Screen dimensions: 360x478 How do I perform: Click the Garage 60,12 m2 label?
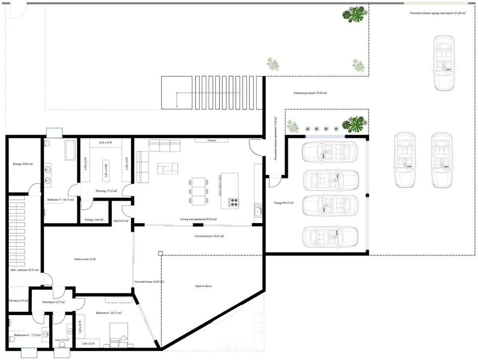(284, 203)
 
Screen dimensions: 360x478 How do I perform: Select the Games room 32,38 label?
(85, 259)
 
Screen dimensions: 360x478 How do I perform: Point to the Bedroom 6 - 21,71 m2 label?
(109, 313)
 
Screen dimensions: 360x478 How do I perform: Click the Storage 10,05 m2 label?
(22, 164)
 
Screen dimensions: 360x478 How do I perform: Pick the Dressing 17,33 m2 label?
(106, 191)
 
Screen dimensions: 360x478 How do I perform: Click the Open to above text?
(203, 286)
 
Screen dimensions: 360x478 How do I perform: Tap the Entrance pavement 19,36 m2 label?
(310, 93)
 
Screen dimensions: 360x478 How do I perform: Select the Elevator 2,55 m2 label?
(18, 301)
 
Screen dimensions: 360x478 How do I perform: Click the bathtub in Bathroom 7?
(70, 150)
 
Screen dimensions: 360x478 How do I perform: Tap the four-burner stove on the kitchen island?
(233, 203)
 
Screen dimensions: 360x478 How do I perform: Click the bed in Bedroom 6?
(119, 335)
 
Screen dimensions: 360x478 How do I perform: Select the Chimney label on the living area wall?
(212, 141)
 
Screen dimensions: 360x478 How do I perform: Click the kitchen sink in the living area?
(258, 209)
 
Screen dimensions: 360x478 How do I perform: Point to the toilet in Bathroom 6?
(12, 339)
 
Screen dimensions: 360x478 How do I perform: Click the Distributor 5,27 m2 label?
(53, 302)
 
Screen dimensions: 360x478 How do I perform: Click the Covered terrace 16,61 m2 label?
(209, 236)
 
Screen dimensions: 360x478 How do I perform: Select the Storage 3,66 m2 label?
(94, 220)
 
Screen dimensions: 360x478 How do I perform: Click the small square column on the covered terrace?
(160, 253)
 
